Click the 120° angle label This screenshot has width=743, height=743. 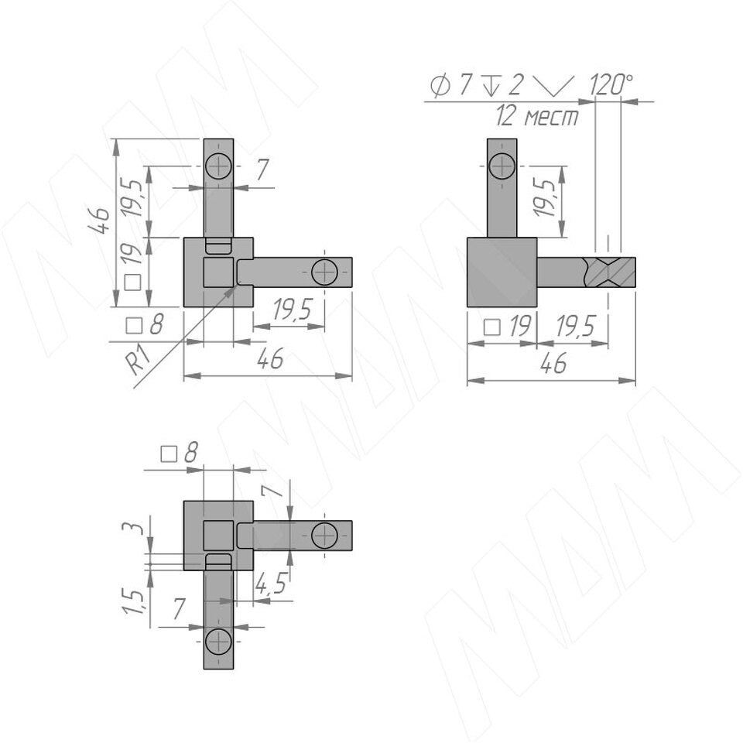pyautogui.click(x=611, y=85)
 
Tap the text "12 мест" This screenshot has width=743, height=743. pyautogui.click(x=537, y=116)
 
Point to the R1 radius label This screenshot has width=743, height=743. pyautogui.click(x=139, y=360)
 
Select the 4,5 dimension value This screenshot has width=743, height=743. pyautogui.click(x=271, y=584)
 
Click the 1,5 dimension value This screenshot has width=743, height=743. pyautogui.click(x=132, y=602)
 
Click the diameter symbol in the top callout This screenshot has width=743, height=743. pyautogui.click(x=440, y=85)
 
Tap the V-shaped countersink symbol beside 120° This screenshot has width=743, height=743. pyautogui.click(x=553, y=86)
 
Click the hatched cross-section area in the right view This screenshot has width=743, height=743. pyautogui.click(x=610, y=272)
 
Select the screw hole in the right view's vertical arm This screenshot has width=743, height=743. pyautogui.click(x=502, y=166)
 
